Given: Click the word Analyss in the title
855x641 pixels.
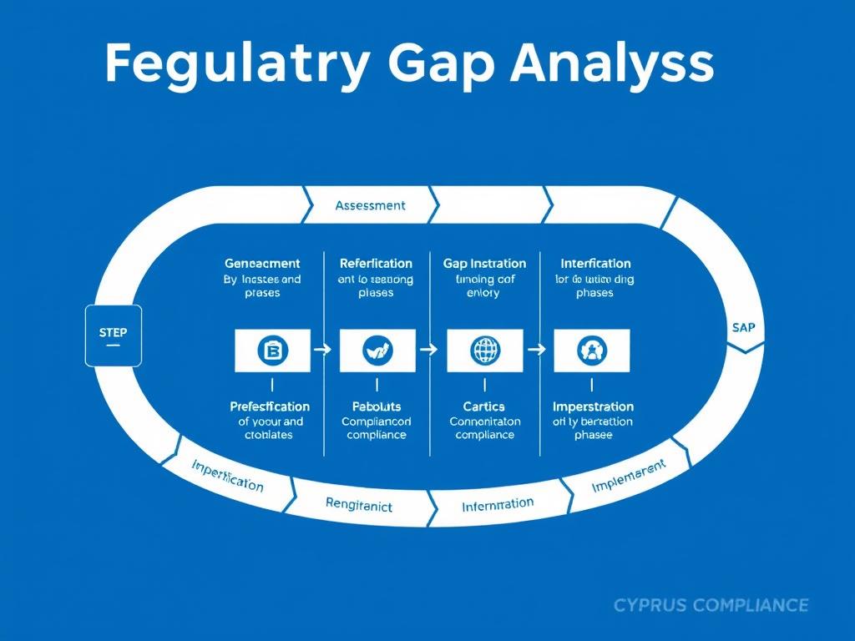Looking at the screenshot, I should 613,63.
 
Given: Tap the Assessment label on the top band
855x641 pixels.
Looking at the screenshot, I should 370,205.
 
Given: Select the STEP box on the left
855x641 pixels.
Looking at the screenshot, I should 114,336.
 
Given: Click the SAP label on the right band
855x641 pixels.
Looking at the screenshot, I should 742,327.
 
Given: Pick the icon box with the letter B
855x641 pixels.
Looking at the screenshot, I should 273,351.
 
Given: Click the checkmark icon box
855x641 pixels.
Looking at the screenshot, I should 377,351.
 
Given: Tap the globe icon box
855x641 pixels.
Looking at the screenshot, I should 485,351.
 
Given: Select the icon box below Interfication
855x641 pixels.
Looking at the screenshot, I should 591,351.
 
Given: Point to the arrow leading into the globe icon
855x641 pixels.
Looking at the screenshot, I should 428,351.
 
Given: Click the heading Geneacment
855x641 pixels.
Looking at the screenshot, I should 262,264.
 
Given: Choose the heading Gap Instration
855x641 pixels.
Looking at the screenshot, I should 484,264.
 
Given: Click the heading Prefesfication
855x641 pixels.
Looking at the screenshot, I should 270,406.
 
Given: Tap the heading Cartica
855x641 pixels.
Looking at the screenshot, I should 484,406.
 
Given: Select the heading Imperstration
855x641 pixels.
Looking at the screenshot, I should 593,406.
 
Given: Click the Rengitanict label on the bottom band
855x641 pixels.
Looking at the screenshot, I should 358,504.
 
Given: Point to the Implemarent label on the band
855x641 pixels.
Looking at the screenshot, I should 628,476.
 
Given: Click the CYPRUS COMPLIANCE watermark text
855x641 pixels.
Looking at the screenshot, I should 711,605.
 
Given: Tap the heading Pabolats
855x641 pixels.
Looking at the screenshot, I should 377,406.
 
